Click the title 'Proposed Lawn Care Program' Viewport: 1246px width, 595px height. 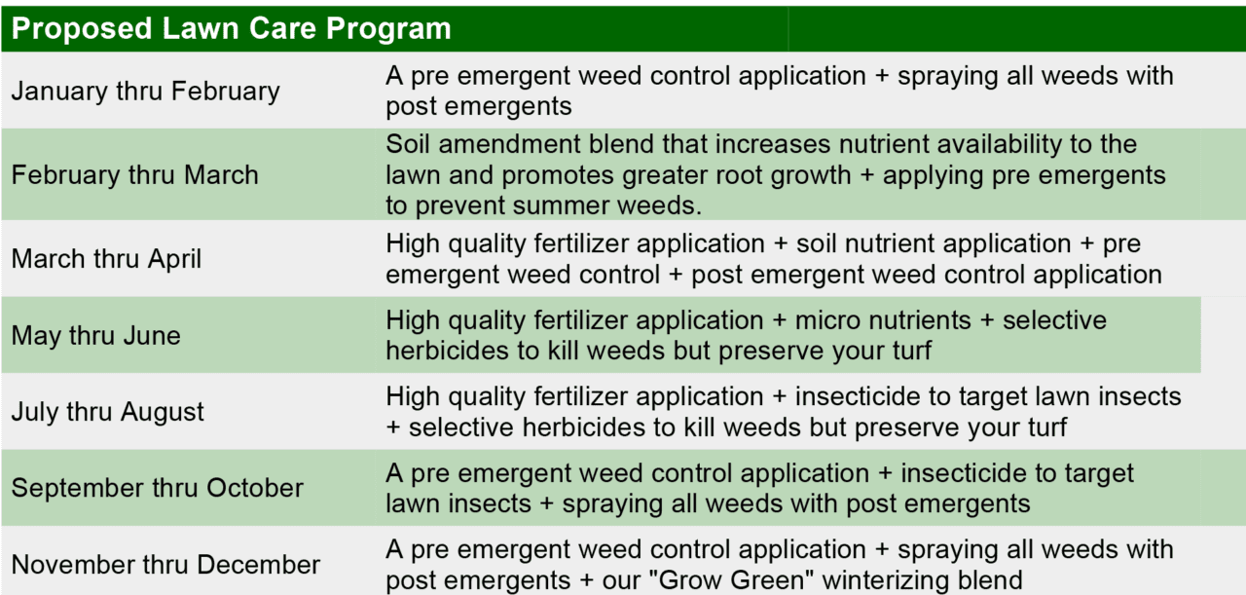[x=232, y=28]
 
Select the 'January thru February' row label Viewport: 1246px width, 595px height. [x=146, y=92]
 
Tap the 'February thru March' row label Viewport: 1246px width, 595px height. [x=135, y=175]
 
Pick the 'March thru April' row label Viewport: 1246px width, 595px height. [x=107, y=259]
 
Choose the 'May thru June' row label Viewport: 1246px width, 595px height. [x=96, y=336]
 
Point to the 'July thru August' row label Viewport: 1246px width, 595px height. [x=108, y=412]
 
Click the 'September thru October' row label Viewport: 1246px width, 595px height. [x=158, y=488]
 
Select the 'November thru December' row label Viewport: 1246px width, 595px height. [x=165, y=565]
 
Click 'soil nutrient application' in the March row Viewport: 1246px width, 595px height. [x=934, y=243]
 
